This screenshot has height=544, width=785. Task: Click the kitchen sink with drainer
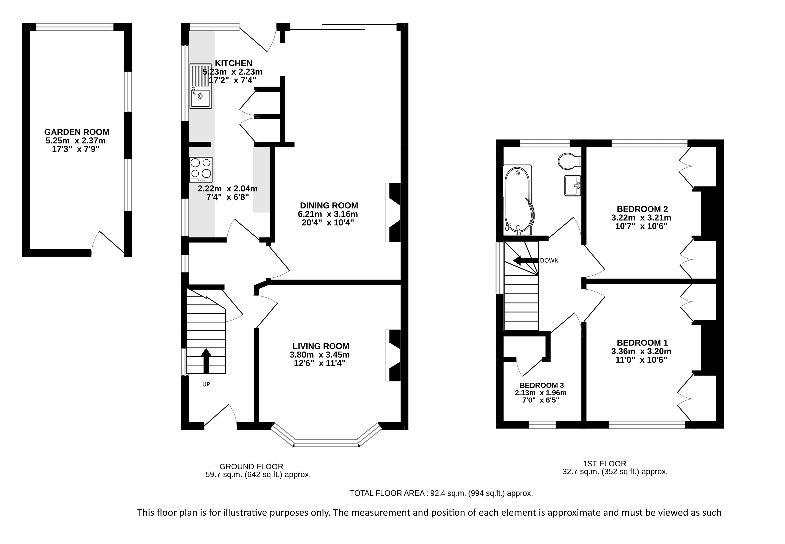click(x=201, y=87)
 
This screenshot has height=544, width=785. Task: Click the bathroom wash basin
click(x=573, y=186)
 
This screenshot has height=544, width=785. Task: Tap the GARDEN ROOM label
click(x=77, y=132)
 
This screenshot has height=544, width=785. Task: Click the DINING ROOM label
click(x=329, y=206)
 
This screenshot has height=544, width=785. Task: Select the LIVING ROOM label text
click(x=321, y=346)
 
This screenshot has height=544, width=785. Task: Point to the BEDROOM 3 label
click(x=541, y=385)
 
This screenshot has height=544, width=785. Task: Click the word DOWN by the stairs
click(x=549, y=261)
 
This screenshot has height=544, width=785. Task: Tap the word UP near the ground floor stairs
click(x=206, y=384)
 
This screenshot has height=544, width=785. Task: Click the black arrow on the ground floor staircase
click(x=206, y=361)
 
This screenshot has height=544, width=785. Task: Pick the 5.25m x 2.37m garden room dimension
click(x=76, y=141)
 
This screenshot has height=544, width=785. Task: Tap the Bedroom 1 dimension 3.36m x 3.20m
click(x=641, y=351)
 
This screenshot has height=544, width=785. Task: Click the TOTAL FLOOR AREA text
click(x=441, y=493)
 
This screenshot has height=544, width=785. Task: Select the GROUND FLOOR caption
click(x=251, y=467)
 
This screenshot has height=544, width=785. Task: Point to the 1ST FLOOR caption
click(x=604, y=464)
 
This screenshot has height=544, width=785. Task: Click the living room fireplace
click(x=393, y=355)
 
